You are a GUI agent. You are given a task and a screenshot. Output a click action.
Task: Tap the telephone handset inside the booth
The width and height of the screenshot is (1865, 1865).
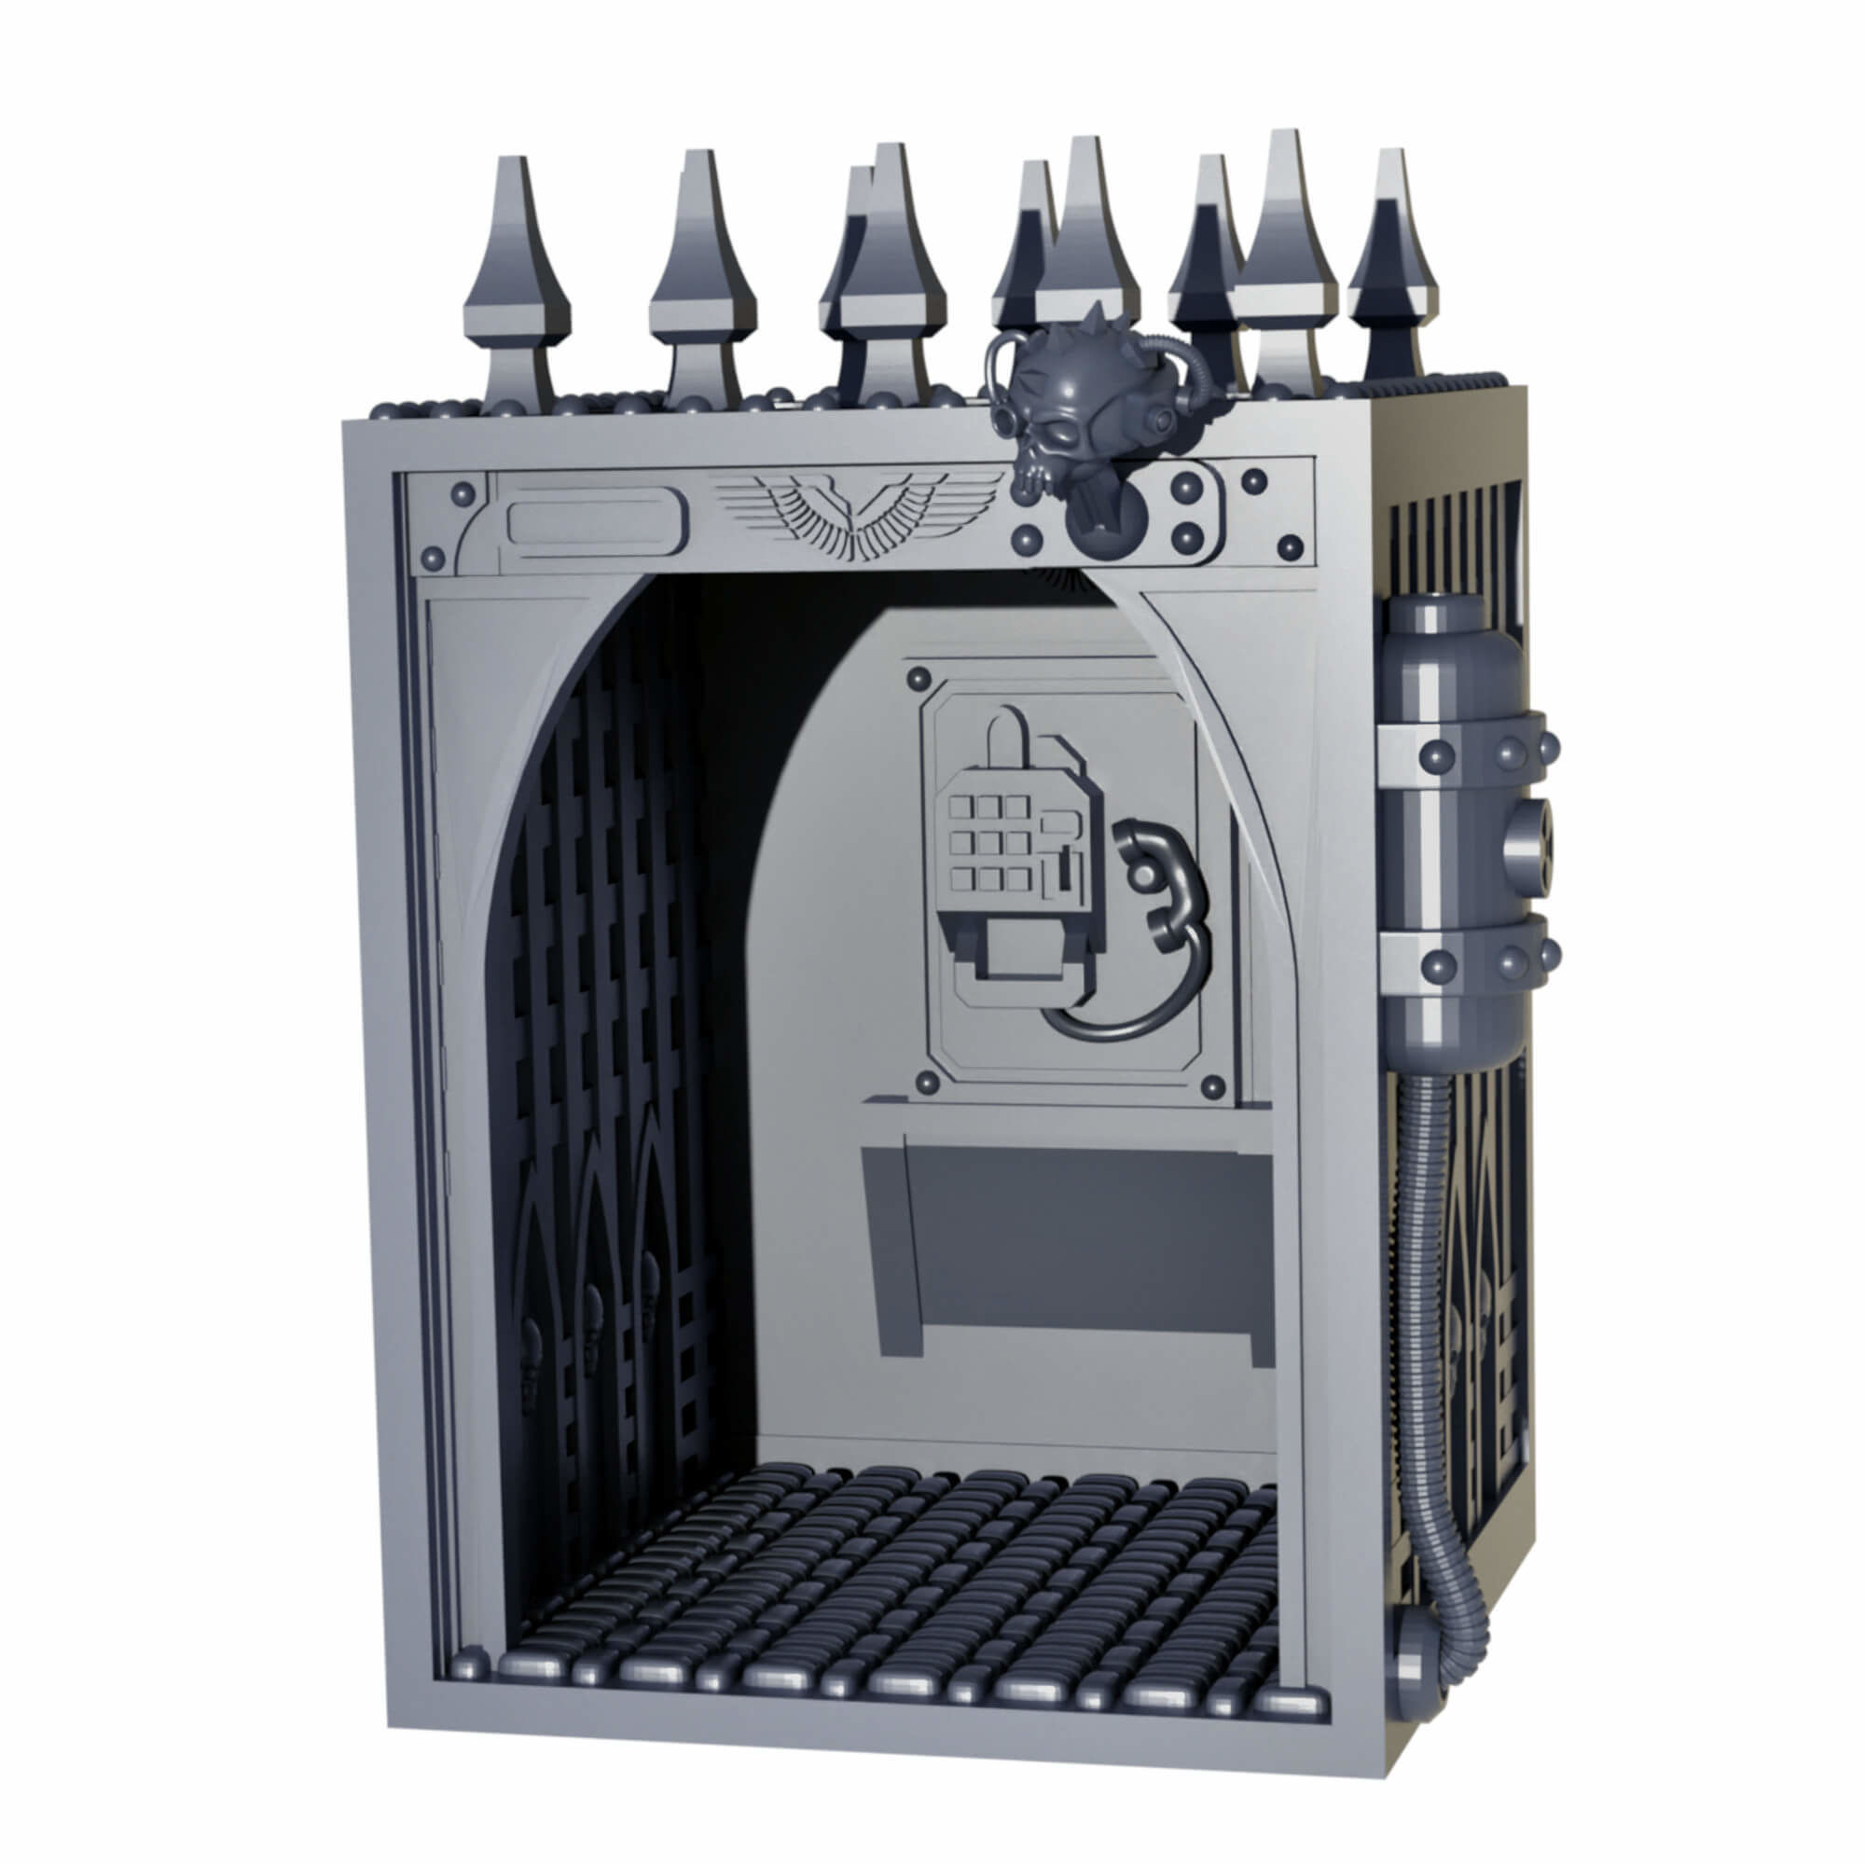coord(1154,883)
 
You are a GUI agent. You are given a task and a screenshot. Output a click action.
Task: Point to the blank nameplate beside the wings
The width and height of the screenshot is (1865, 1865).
coord(592,521)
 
